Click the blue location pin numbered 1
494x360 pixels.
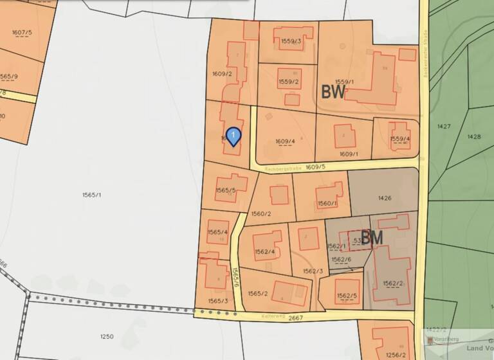point(233,136)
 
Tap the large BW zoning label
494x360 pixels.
point(333,92)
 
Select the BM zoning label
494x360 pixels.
point(372,238)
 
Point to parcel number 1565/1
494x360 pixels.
point(93,195)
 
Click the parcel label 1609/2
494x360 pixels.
point(221,74)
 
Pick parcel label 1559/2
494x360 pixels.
point(289,82)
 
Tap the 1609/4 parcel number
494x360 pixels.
point(285,141)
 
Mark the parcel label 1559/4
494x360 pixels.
point(400,139)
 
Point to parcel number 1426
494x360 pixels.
point(385,198)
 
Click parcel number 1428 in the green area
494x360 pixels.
point(474,136)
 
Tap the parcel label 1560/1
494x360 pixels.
point(327,203)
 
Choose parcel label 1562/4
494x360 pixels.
point(265,251)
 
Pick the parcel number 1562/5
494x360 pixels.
point(347,296)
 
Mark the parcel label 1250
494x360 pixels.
point(107,336)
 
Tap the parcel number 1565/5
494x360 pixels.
point(226,190)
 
